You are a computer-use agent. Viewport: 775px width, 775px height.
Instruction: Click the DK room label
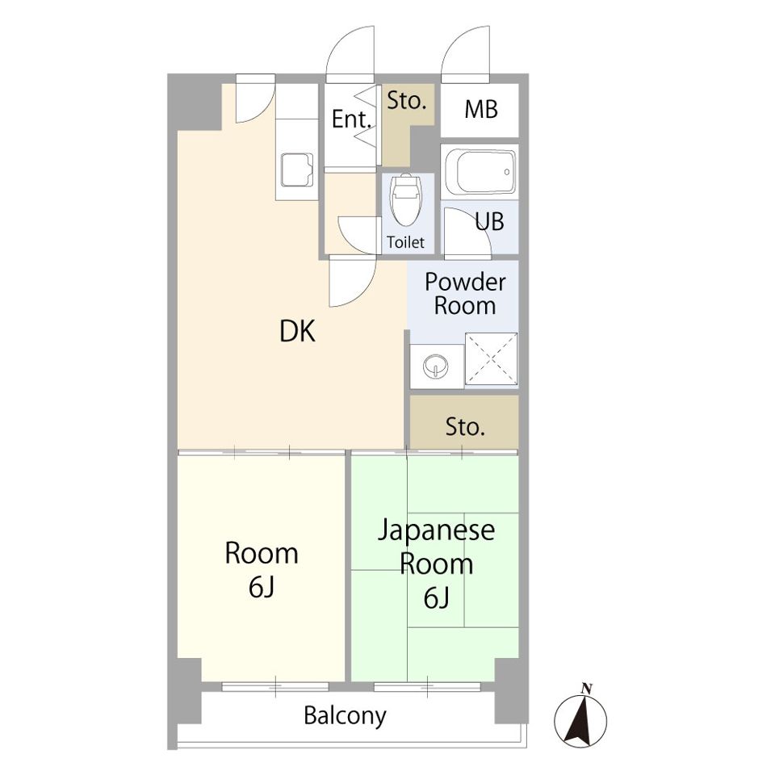coord(297,331)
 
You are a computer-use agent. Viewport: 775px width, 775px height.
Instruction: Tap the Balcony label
coord(345,715)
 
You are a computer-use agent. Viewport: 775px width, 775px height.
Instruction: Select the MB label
coord(480,110)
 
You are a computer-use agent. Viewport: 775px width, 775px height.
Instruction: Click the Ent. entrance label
coord(351,120)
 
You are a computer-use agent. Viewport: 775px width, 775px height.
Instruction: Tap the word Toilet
coord(405,242)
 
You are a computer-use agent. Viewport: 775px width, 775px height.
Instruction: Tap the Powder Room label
coord(465,294)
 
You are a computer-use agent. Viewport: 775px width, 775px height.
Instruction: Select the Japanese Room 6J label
coord(437,563)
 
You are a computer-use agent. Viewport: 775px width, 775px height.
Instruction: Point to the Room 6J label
coord(261,570)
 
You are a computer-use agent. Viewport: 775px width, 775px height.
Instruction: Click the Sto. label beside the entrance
coord(406,102)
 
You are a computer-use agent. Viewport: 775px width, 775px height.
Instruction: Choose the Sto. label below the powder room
coord(465,427)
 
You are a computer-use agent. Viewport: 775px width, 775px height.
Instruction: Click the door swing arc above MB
coord(465,52)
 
